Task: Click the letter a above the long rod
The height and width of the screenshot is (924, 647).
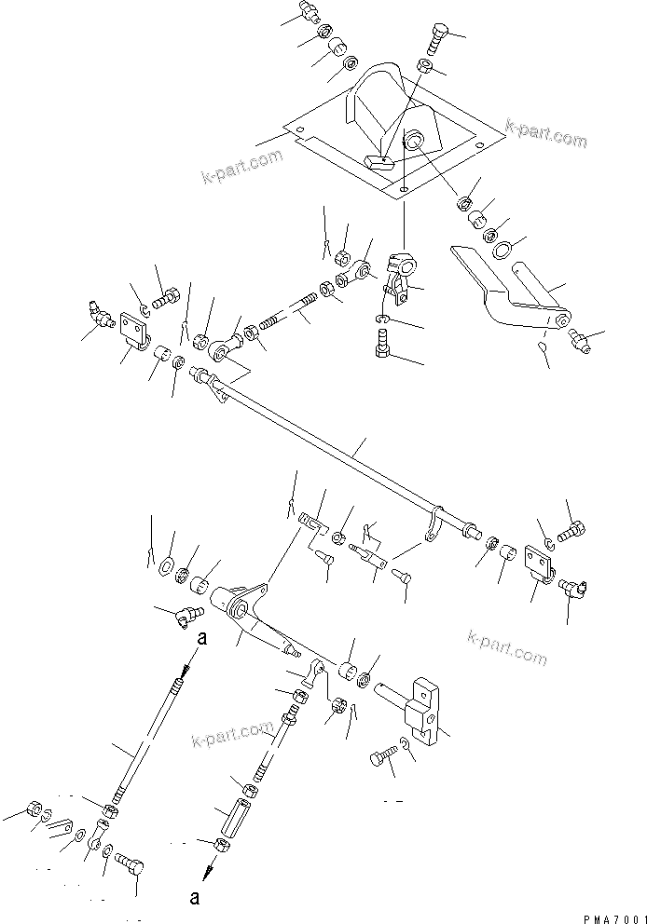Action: tap(200, 640)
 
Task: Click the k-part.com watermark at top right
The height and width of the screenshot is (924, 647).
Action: tap(546, 133)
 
